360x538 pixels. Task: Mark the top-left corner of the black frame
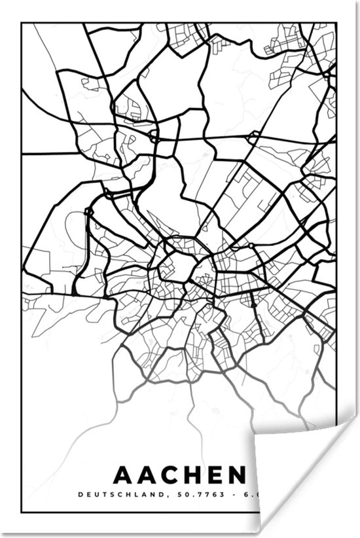tap(22, 24)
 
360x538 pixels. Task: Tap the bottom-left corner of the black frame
tap(22, 511)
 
